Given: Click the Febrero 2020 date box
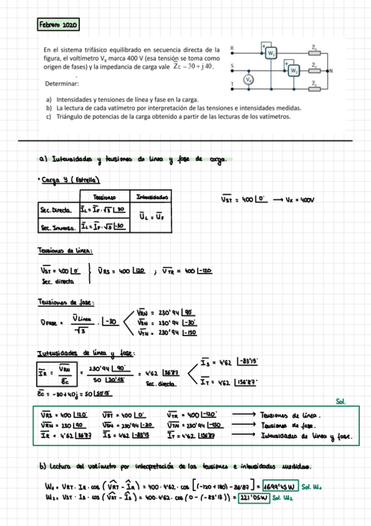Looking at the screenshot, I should pos(58,25).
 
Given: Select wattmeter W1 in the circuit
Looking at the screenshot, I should pos(271,54).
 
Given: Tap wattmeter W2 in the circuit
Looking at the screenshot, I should pos(294,71).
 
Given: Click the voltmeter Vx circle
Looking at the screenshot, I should pos(248,80).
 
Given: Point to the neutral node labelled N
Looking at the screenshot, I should pos(331,71).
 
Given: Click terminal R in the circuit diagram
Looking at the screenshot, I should pos(232,48).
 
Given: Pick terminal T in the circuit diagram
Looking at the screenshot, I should pos(232,84).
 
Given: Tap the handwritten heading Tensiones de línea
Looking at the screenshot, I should pos(66,251).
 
